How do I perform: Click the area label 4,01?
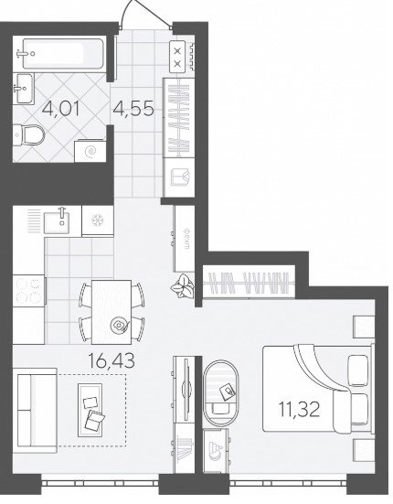click(60, 109)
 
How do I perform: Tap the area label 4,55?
click(133, 108)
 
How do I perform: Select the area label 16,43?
click(112, 360)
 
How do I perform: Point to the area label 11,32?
click(299, 410)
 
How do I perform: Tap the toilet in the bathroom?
click(28, 135)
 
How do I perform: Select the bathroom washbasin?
click(23, 89)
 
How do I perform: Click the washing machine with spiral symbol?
click(90, 151)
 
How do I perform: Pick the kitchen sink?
click(57, 220)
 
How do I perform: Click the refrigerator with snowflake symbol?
click(98, 221)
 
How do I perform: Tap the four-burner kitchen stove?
click(28, 291)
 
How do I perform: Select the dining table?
click(112, 312)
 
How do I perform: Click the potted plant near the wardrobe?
click(183, 286)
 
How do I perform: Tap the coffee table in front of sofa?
click(90, 410)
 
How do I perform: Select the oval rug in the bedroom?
click(221, 392)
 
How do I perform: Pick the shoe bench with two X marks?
click(177, 57)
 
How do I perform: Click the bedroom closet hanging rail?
click(249, 283)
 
